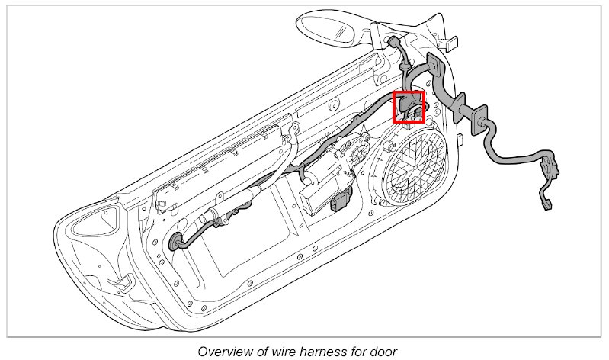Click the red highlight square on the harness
(408, 107)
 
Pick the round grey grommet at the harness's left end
(178, 242)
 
